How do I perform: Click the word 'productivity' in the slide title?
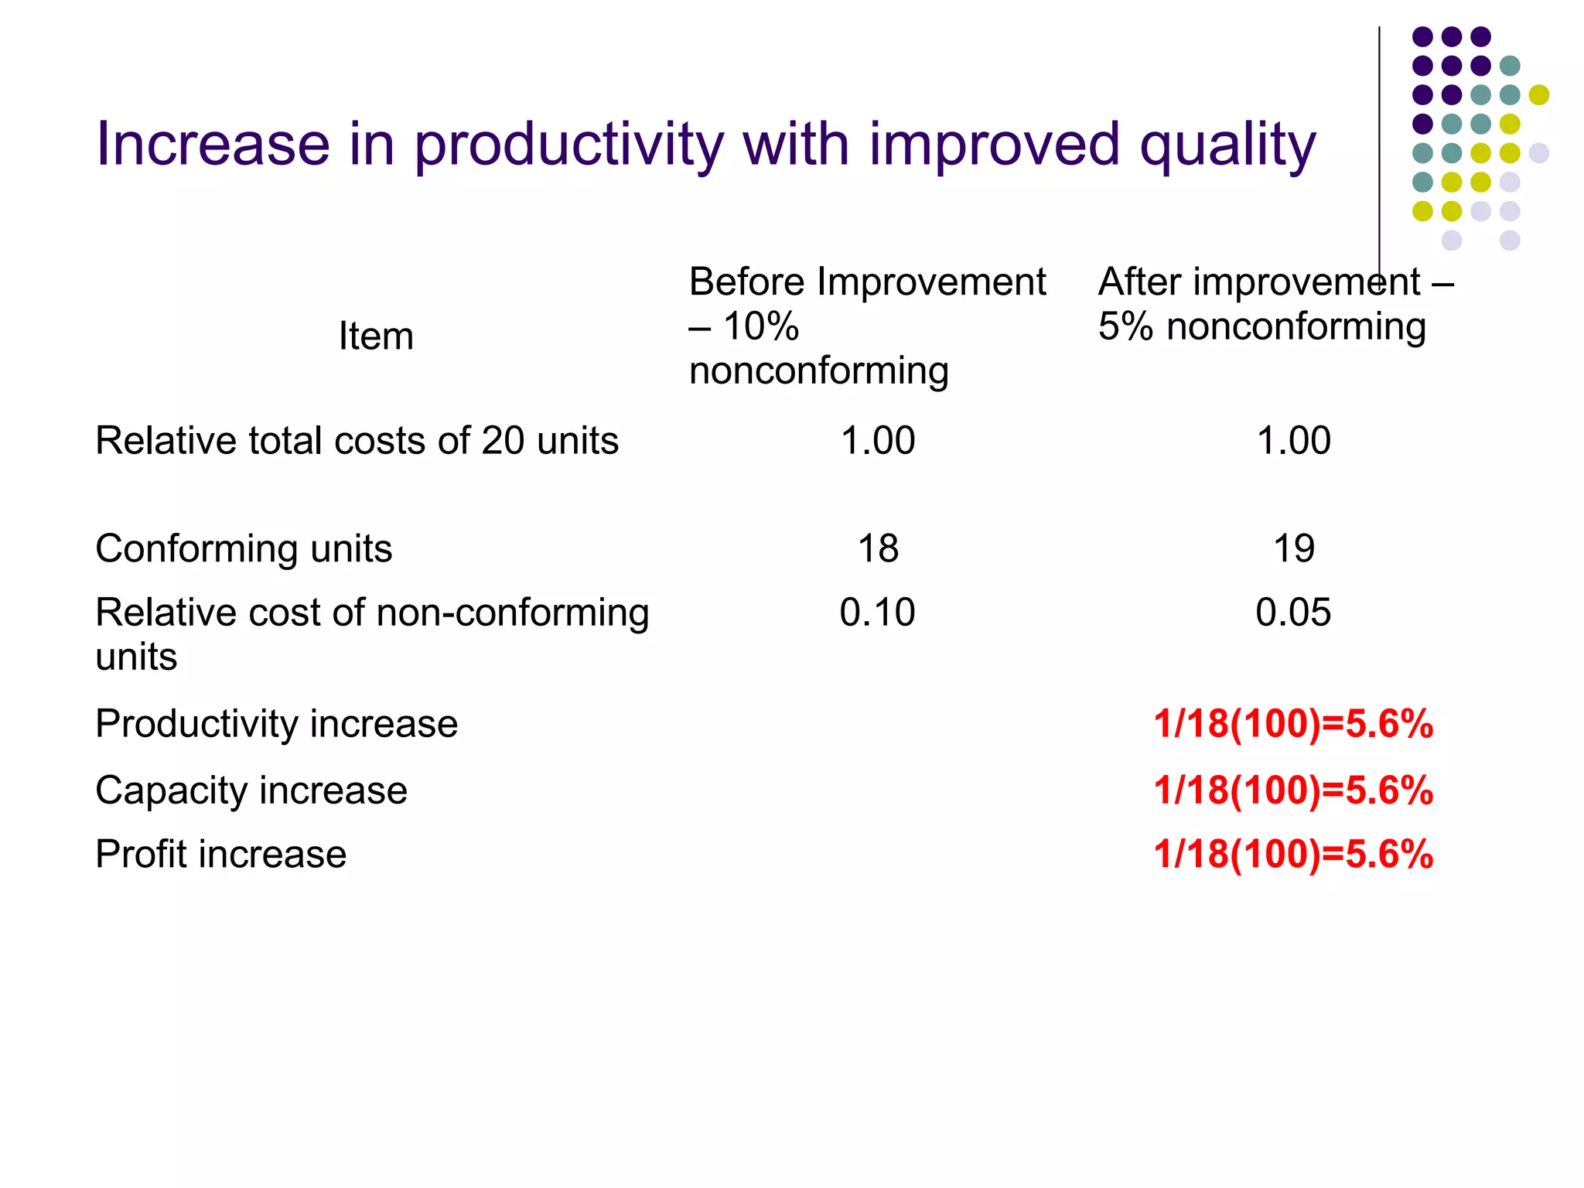click(568, 145)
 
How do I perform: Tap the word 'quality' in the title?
click(1227, 145)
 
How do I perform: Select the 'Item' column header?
click(376, 336)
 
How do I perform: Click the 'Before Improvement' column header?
click(866, 282)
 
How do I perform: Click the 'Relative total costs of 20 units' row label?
click(357, 441)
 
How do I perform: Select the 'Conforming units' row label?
click(244, 549)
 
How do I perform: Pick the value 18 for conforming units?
click(878, 549)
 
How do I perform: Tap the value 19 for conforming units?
click(1293, 549)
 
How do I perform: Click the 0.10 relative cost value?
click(877, 613)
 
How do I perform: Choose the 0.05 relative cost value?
click(1293, 613)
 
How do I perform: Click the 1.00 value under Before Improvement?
click(877, 441)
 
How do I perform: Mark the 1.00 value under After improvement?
click(1293, 441)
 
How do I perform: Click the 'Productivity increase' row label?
click(276, 724)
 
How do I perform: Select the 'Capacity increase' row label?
click(251, 790)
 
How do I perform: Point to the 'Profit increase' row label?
click(220, 855)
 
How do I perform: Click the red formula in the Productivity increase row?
click(1293, 724)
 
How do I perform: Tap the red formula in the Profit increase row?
click(1293, 855)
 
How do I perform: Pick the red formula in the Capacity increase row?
click(1293, 790)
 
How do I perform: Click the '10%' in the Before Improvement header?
click(760, 326)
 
